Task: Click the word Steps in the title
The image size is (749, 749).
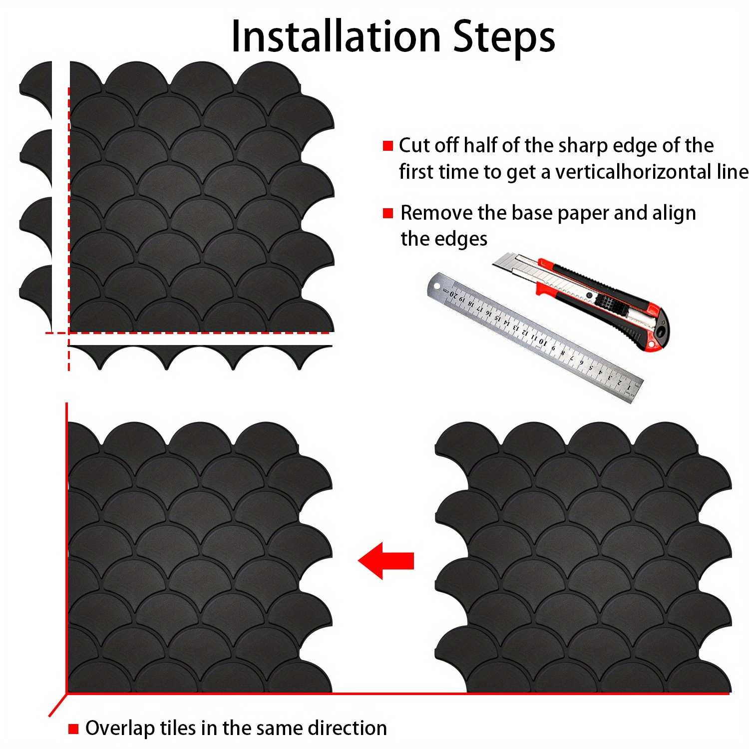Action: pyautogui.click(x=504, y=38)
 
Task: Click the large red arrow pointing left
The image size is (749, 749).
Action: pyautogui.click(x=386, y=561)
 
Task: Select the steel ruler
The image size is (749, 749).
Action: pyautogui.click(x=535, y=338)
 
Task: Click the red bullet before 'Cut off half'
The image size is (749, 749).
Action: pyautogui.click(x=388, y=146)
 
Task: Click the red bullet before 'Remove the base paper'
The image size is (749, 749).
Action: pyautogui.click(x=388, y=213)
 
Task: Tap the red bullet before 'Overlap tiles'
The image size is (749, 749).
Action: pyautogui.click(x=73, y=729)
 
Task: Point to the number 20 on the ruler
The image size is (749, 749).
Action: pyautogui.click(x=454, y=295)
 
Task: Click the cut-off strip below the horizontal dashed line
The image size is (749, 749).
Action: pyautogui.click(x=200, y=357)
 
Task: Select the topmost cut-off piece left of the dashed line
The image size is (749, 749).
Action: pyautogui.click(x=36, y=90)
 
